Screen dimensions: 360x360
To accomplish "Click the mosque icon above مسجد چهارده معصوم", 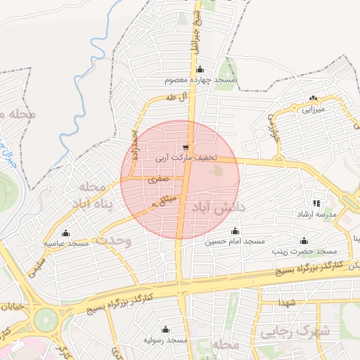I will coord(200,70).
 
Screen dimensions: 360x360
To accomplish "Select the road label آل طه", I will coord(177,97).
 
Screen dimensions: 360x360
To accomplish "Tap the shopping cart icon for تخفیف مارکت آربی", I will coord(186,148).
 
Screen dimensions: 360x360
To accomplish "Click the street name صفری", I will coord(157,179).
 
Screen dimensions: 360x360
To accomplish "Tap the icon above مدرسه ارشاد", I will coord(316,202).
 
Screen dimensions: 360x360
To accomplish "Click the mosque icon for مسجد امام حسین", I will coord(236,231).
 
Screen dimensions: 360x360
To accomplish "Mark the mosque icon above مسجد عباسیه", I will coord(67,233).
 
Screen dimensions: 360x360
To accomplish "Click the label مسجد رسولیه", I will coord(165,340).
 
